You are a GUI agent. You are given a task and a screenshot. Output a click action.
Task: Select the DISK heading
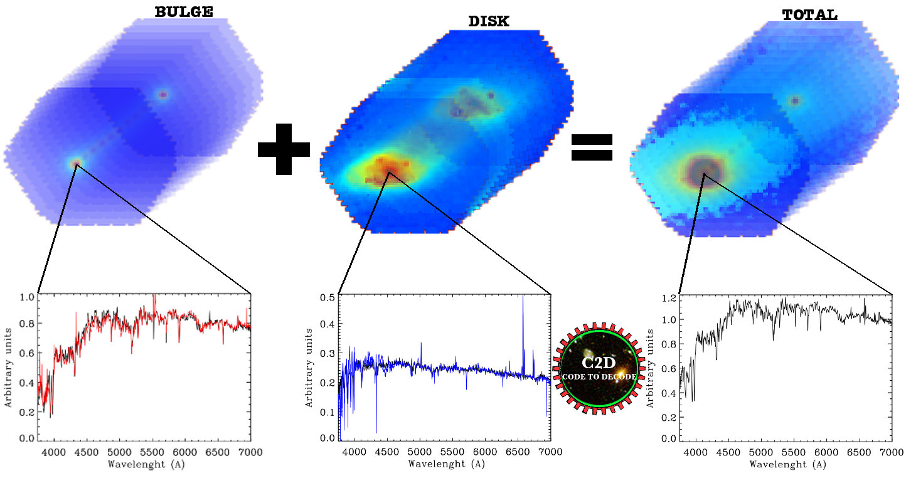[489, 21]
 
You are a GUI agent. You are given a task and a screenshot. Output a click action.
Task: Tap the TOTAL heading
[809, 15]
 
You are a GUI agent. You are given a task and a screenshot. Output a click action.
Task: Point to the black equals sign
[592, 148]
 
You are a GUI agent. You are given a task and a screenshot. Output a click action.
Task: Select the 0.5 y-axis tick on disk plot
[326, 297]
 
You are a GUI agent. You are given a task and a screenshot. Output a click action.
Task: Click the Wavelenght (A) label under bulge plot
[146, 465]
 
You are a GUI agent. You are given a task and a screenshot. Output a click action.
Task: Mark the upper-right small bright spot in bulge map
[163, 95]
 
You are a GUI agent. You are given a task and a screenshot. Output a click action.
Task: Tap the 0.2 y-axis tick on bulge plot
[26, 412]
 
